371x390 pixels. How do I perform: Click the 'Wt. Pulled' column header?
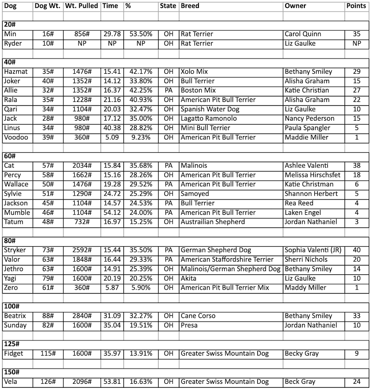click(81, 6)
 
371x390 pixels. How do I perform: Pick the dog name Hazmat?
click(16, 71)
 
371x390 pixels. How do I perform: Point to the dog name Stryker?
click(15, 250)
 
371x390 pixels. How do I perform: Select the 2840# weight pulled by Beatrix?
click(81, 316)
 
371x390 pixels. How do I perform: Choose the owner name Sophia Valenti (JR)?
click(313, 250)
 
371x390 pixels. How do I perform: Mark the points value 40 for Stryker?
click(356, 250)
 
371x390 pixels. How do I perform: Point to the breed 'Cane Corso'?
click(198, 316)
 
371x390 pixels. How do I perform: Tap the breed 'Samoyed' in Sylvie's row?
click(195, 194)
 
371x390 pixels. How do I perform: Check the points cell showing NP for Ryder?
click(356, 43)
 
